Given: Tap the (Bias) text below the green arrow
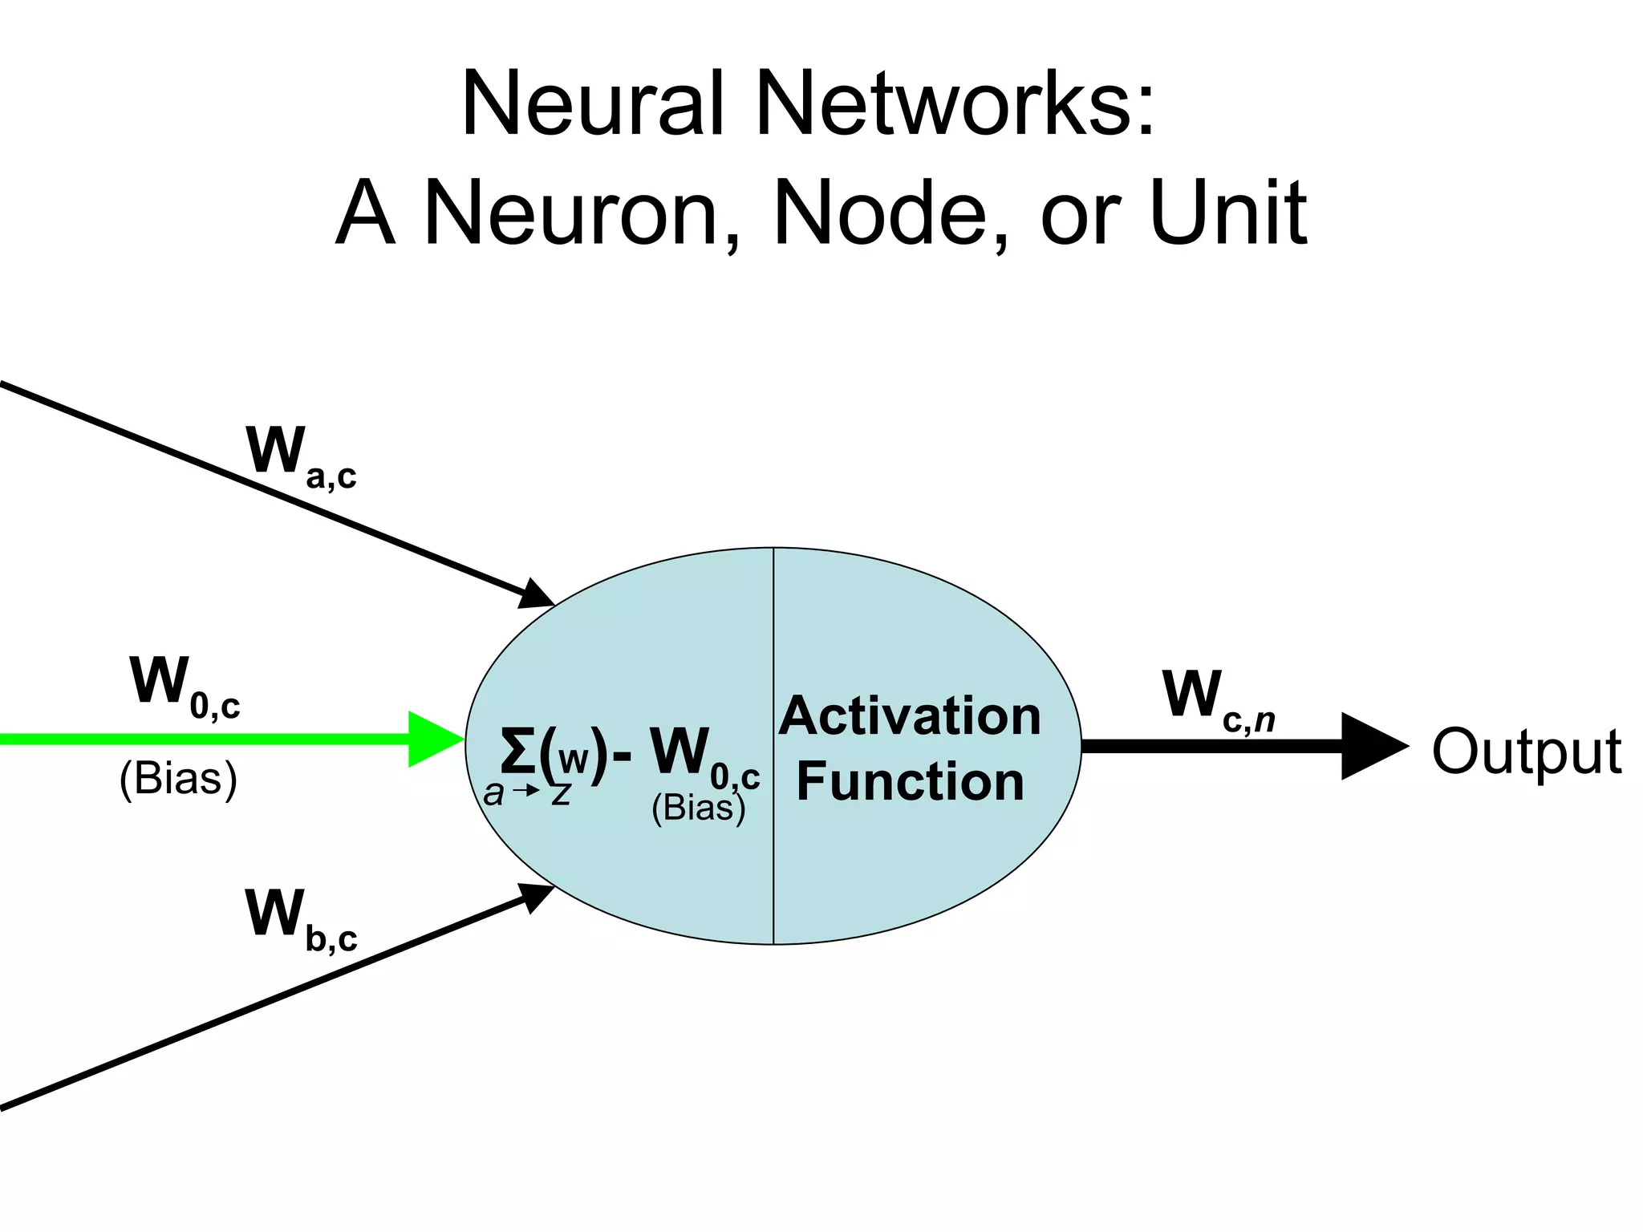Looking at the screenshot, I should [178, 778].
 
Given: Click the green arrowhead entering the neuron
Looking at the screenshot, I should [433, 739].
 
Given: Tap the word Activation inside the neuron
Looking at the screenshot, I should [910, 715].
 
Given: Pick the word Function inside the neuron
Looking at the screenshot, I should [910, 782].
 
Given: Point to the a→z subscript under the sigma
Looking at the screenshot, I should [526, 794].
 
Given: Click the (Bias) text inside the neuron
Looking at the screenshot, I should [698, 808].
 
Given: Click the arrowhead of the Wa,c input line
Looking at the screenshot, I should [536, 594].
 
